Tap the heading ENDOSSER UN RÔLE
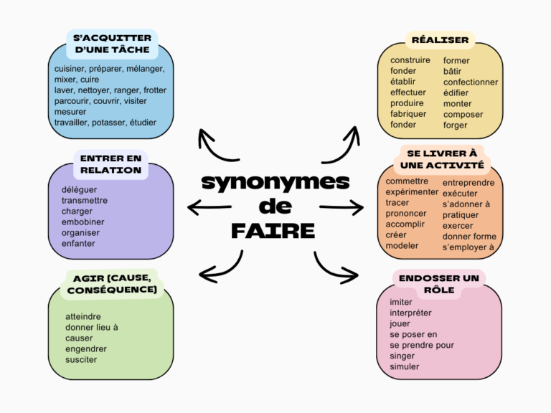click(x=439, y=284)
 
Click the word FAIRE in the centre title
click(x=273, y=231)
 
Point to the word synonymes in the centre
click(x=275, y=182)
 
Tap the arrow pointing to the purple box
click(x=209, y=208)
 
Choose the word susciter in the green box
click(x=81, y=360)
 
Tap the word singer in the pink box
click(x=402, y=356)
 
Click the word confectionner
click(x=470, y=82)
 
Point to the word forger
click(x=455, y=125)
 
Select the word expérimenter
click(x=412, y=192)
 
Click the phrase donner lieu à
click(x=92, y=327)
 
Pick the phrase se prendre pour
click(x=422, y=345)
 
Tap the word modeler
click(x=402, y=246)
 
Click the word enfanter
click(x=78, y=244)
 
